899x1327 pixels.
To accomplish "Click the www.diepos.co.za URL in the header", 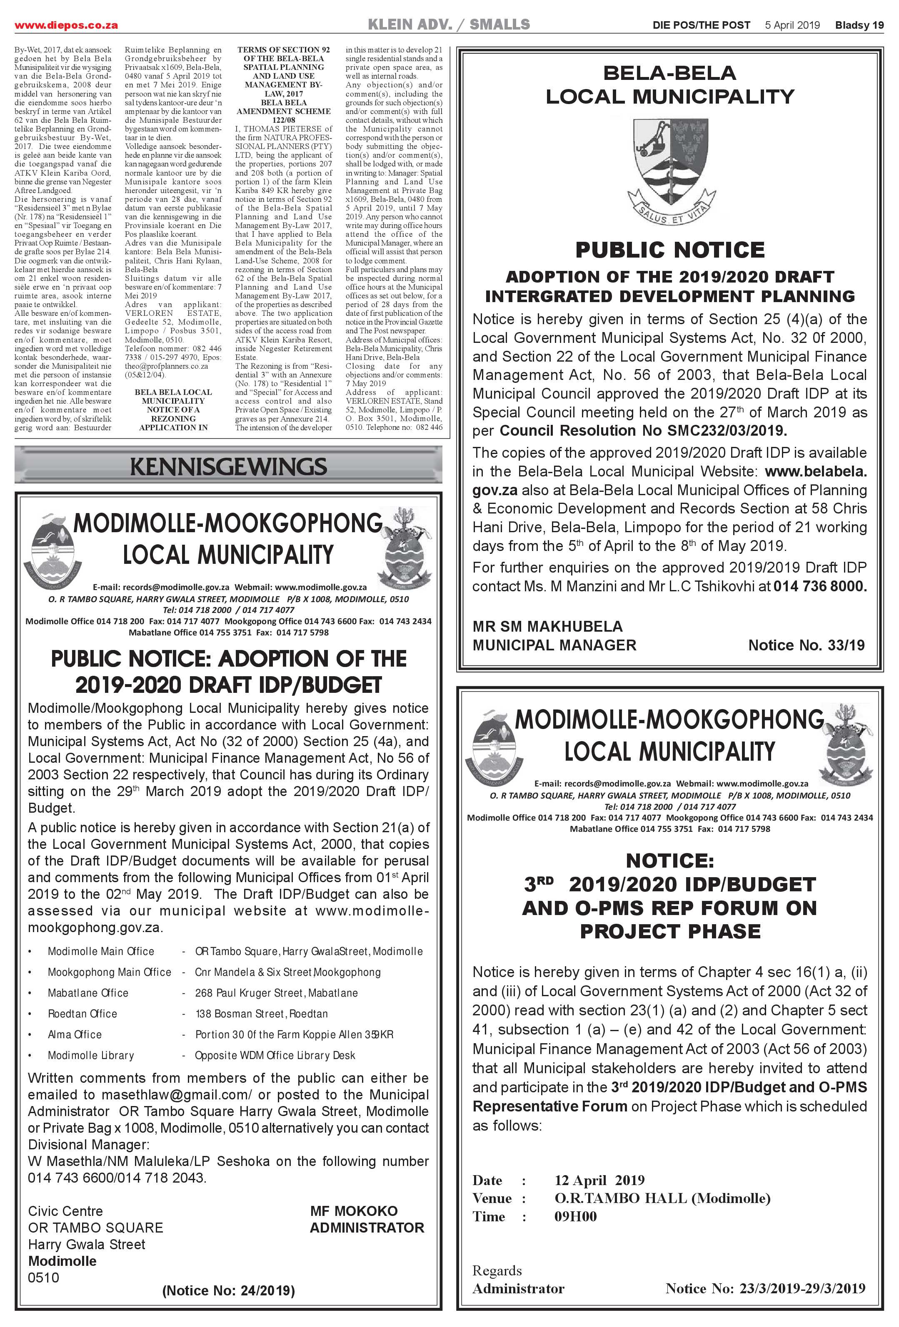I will (66, 25).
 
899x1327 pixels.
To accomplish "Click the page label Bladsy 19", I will (859, 25).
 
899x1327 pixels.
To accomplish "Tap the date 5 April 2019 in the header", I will (792, 25).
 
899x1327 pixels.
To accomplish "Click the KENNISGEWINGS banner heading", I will (228, 466).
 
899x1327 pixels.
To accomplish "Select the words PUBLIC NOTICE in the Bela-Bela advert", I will (670, 250).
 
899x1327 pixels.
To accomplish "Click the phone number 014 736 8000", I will (819, 586).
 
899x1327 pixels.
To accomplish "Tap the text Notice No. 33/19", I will (806, 645).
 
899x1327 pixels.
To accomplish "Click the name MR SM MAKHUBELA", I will (547, 626).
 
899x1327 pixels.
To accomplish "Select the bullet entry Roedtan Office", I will (82, 1014).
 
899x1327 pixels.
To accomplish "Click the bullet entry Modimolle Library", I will (90, 1055).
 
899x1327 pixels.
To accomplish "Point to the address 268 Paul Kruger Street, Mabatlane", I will (276, 993).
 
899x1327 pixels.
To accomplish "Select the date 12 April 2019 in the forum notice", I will (599, 1180).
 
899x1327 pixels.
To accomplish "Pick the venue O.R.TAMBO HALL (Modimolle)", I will (662, 1198).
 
